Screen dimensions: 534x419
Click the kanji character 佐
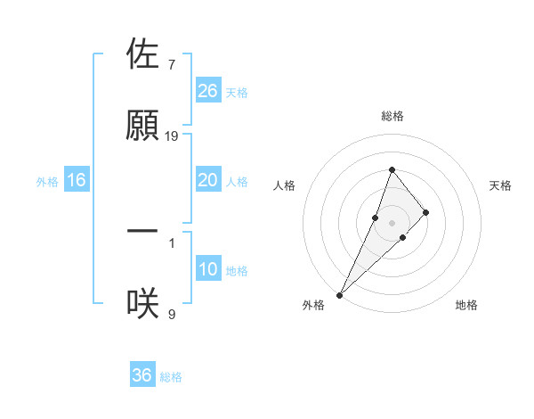pos(143,54)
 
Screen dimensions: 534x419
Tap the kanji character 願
pos(143,126)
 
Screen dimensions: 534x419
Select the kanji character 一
pos(143,231)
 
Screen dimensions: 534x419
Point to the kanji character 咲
pos(143,302)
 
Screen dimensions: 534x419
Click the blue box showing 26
pos(208,90)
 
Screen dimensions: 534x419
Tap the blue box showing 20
pos(208,180)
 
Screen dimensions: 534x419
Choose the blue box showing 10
pos(208,269)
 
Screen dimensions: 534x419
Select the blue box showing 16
pos(77,180)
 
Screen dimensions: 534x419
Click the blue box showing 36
pos(142,375)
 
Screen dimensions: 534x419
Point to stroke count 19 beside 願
pos(172,136)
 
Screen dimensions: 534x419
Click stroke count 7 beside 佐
pos(171,64)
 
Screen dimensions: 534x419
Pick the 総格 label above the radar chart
pos(392,116)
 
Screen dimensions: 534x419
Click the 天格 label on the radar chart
pos(501,185)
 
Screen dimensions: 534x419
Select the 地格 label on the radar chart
pos(466,305)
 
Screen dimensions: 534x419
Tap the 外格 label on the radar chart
pos(313,305)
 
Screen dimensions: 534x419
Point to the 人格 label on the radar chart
pos(284,185)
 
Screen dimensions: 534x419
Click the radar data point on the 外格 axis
pos(339,294)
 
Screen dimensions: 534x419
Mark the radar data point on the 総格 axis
pos(392,169)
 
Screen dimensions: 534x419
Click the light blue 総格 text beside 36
pos(172,377)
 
